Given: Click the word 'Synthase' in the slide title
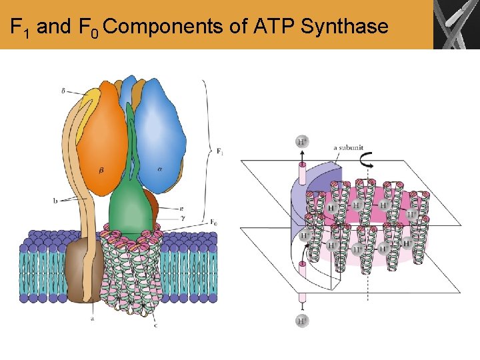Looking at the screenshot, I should (x=344, y=27).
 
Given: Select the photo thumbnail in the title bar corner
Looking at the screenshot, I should (x=456, y=25).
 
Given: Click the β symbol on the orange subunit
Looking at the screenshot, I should (x=101, y=170).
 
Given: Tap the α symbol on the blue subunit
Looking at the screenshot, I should (x=160, y=169).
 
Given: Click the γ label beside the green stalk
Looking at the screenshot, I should (x=182, y=217).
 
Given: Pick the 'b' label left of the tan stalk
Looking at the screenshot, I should (x=56, y=199).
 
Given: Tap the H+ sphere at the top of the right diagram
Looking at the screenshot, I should (x=302, y=141).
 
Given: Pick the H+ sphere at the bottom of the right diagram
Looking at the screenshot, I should (x=302, y=321).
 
